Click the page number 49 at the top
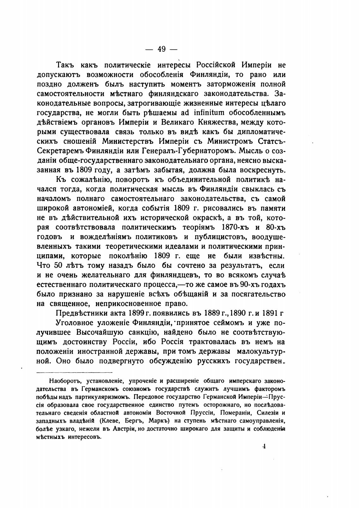(162, 49)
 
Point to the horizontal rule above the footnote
(75, 372)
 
